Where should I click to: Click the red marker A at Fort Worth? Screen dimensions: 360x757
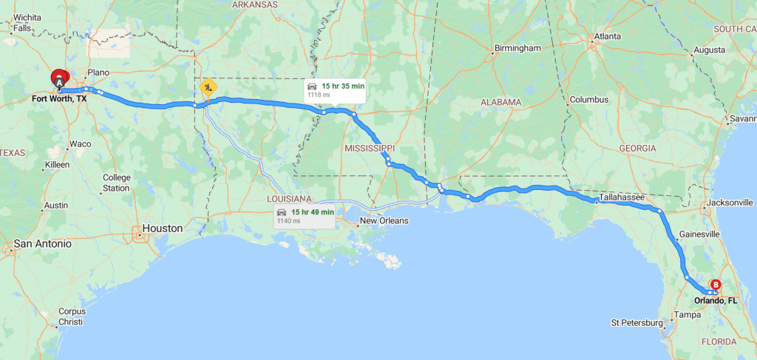(59, 77)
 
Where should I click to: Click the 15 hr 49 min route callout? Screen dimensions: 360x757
(305, 216)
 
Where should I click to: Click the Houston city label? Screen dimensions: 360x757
(162, 228)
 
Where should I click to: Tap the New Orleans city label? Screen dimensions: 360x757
(382, 221)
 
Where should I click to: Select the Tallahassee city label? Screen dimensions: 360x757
(621, 197)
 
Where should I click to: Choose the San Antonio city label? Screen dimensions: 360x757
(43, 243)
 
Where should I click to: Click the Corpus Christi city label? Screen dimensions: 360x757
(72, 316)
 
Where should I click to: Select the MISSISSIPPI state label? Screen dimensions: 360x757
(369, 149)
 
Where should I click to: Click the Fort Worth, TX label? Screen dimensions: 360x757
(59, 98)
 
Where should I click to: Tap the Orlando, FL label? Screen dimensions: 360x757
(715, 301)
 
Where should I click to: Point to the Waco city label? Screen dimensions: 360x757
(80, 143)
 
